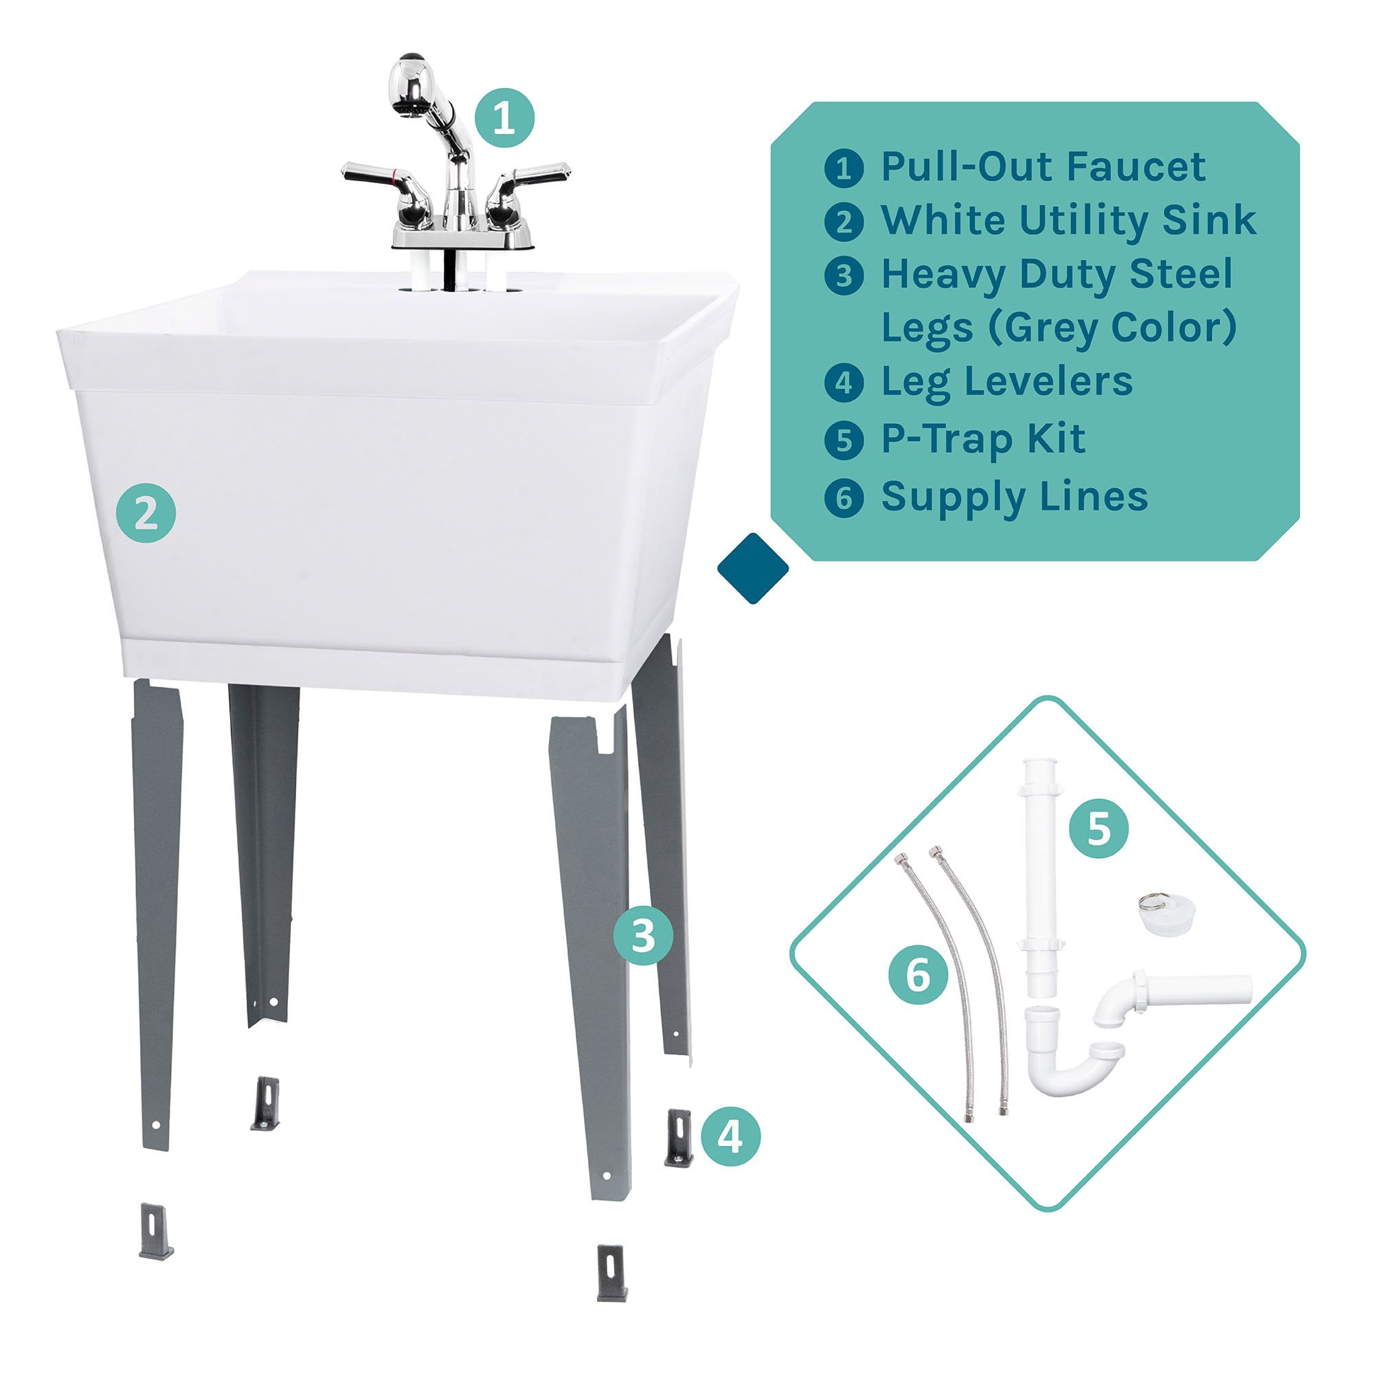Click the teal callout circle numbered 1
tap(504, 118)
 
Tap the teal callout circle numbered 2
tap(146, 513)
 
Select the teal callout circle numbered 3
tap(643, 936)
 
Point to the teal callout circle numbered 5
tap(1099, 828)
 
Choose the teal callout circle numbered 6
tap(918, 974)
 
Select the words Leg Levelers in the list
tap(1007, 382)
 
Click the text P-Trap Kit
tap(984, 439)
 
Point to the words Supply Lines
tap(1015, 497)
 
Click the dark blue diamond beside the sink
tap(753, 567)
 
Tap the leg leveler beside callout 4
tap(679, 1137)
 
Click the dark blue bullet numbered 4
tap(844, 383)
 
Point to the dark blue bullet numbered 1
tap(844, 168)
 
